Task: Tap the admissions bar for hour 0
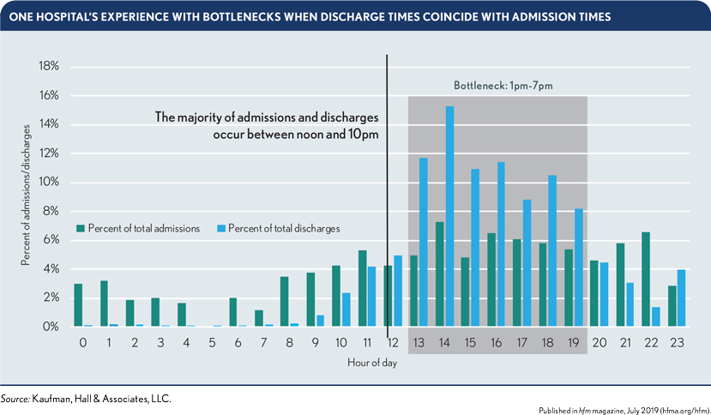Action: (78, 305)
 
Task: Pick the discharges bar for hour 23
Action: (682, 298)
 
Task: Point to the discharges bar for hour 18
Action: (553, 251)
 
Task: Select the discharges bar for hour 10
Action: (346, 310)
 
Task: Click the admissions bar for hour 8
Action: (285, 302)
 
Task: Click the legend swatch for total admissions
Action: (81, 228)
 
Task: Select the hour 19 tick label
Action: (573, 342)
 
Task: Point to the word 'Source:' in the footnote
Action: (15, 398)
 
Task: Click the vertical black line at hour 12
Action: (387, 197)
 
